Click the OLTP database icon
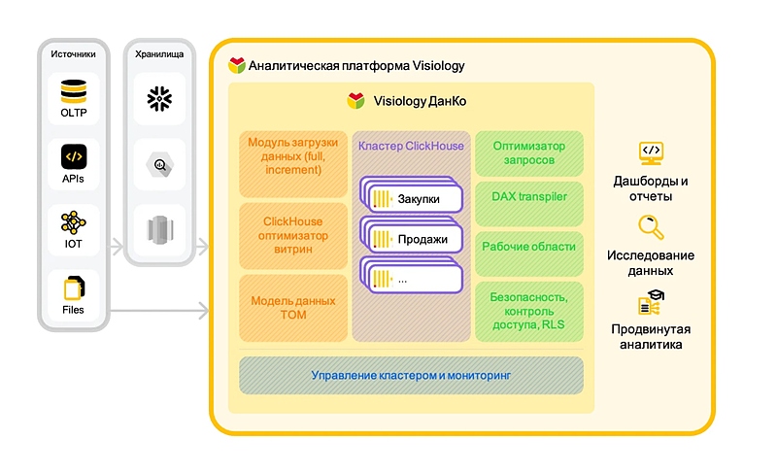[x=74, y=91]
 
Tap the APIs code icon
[x=74, y=155]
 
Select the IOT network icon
[x=74, y=221]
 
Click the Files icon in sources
[x=74, y=287]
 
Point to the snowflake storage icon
[x=158, y=98]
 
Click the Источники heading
[x=74, y=53]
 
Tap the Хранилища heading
[x=159, y=53]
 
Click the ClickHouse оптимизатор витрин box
[x=293, y=236]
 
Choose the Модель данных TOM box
[x=293, y=308]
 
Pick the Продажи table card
[x=414, y=239]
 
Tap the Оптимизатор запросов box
[x=529, y=153]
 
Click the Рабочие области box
[x=529, y=247]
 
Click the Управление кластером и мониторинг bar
[x=411, y=375]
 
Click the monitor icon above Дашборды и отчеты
[x=651, y=152]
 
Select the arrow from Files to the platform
[x=160, y=312]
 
